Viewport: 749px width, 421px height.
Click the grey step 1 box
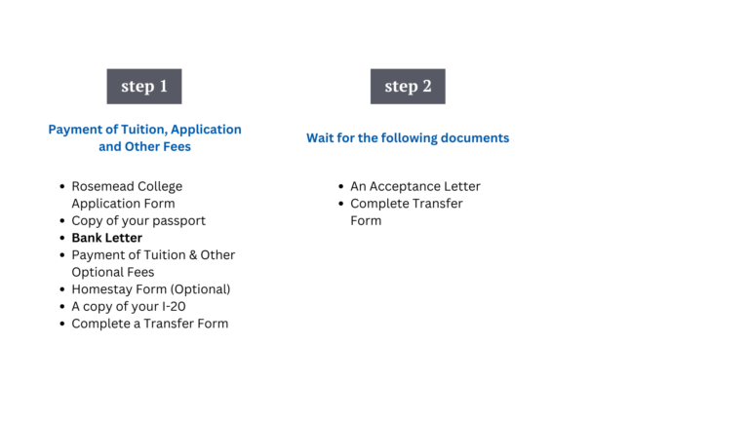[144, 87]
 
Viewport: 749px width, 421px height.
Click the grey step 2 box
[408, 87]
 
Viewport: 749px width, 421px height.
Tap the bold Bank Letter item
[107, 238]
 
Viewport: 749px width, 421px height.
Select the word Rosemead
[98, 186]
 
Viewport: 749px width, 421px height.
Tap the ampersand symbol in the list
[193, 255]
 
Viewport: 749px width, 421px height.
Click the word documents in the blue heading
[475, 138]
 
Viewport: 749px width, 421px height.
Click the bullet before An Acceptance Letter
[340, 186]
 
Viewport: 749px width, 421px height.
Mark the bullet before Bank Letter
[62, 238]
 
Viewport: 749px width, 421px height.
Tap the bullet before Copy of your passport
[62, 220]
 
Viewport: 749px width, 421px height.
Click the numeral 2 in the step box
[426, 86]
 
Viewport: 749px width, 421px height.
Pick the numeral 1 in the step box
[164, 86]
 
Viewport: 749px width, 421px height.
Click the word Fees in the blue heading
[177, 146]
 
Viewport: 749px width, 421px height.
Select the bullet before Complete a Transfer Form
[62, 324]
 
